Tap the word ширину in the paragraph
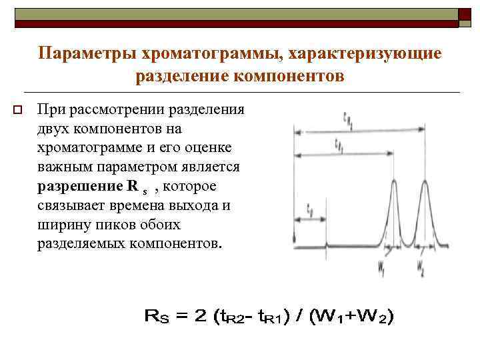click(x=64, y=225)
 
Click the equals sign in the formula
click(x=181, y=318)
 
